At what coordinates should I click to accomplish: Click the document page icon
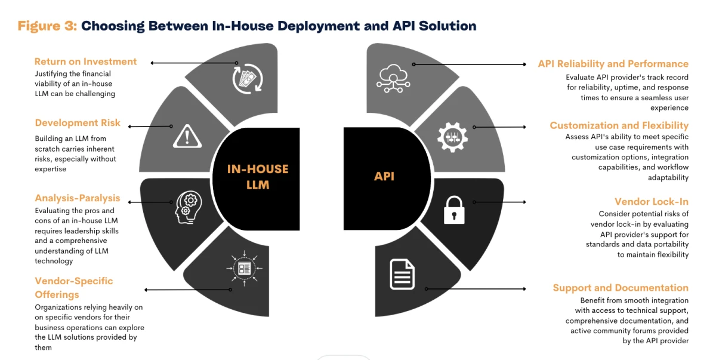tap(403, 273)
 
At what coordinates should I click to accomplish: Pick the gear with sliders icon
tap(452, 137)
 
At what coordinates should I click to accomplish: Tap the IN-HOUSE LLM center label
tap(258, 177)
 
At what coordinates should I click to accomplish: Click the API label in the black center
tap(384, 176)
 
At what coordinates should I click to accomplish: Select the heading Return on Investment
tap(85, 61)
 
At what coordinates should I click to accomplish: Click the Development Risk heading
tap(78, 123)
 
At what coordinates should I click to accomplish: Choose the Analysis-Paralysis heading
tap(78, 198)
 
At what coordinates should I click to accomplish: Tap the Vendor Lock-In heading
tap(652, 202)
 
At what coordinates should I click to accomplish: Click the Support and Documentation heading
tap(621, 288)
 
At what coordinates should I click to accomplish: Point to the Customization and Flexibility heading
tap(619, 125)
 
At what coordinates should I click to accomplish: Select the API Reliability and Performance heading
tap(613, 64)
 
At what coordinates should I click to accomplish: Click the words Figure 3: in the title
tap(47, 26)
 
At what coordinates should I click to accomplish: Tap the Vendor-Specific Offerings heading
tap(73, 288)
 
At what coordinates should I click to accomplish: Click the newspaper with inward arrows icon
tap(244, 269)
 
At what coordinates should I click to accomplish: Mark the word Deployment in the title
tap(299, 26)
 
